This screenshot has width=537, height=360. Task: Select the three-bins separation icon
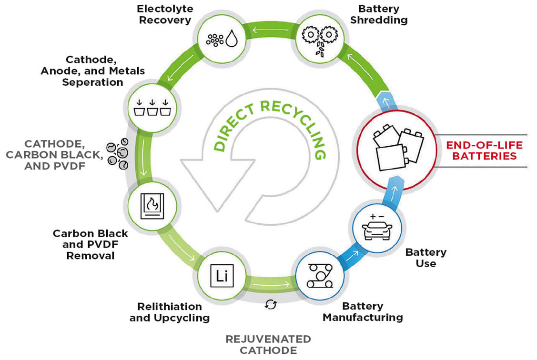tap(152, 108)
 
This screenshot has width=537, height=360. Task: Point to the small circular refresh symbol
tap(271, 304)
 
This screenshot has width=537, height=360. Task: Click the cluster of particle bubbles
tap(118, 154)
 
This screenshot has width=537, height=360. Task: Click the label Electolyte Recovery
tap(164, 14)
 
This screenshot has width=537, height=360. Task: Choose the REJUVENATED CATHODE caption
tap(268, 345)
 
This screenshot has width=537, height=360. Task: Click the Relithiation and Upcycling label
tap(169, 312)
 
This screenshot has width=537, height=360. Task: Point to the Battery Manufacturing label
tap(363, 312)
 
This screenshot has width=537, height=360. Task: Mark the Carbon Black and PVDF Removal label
tap(91, 244)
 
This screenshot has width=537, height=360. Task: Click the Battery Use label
tap(426, 257)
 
